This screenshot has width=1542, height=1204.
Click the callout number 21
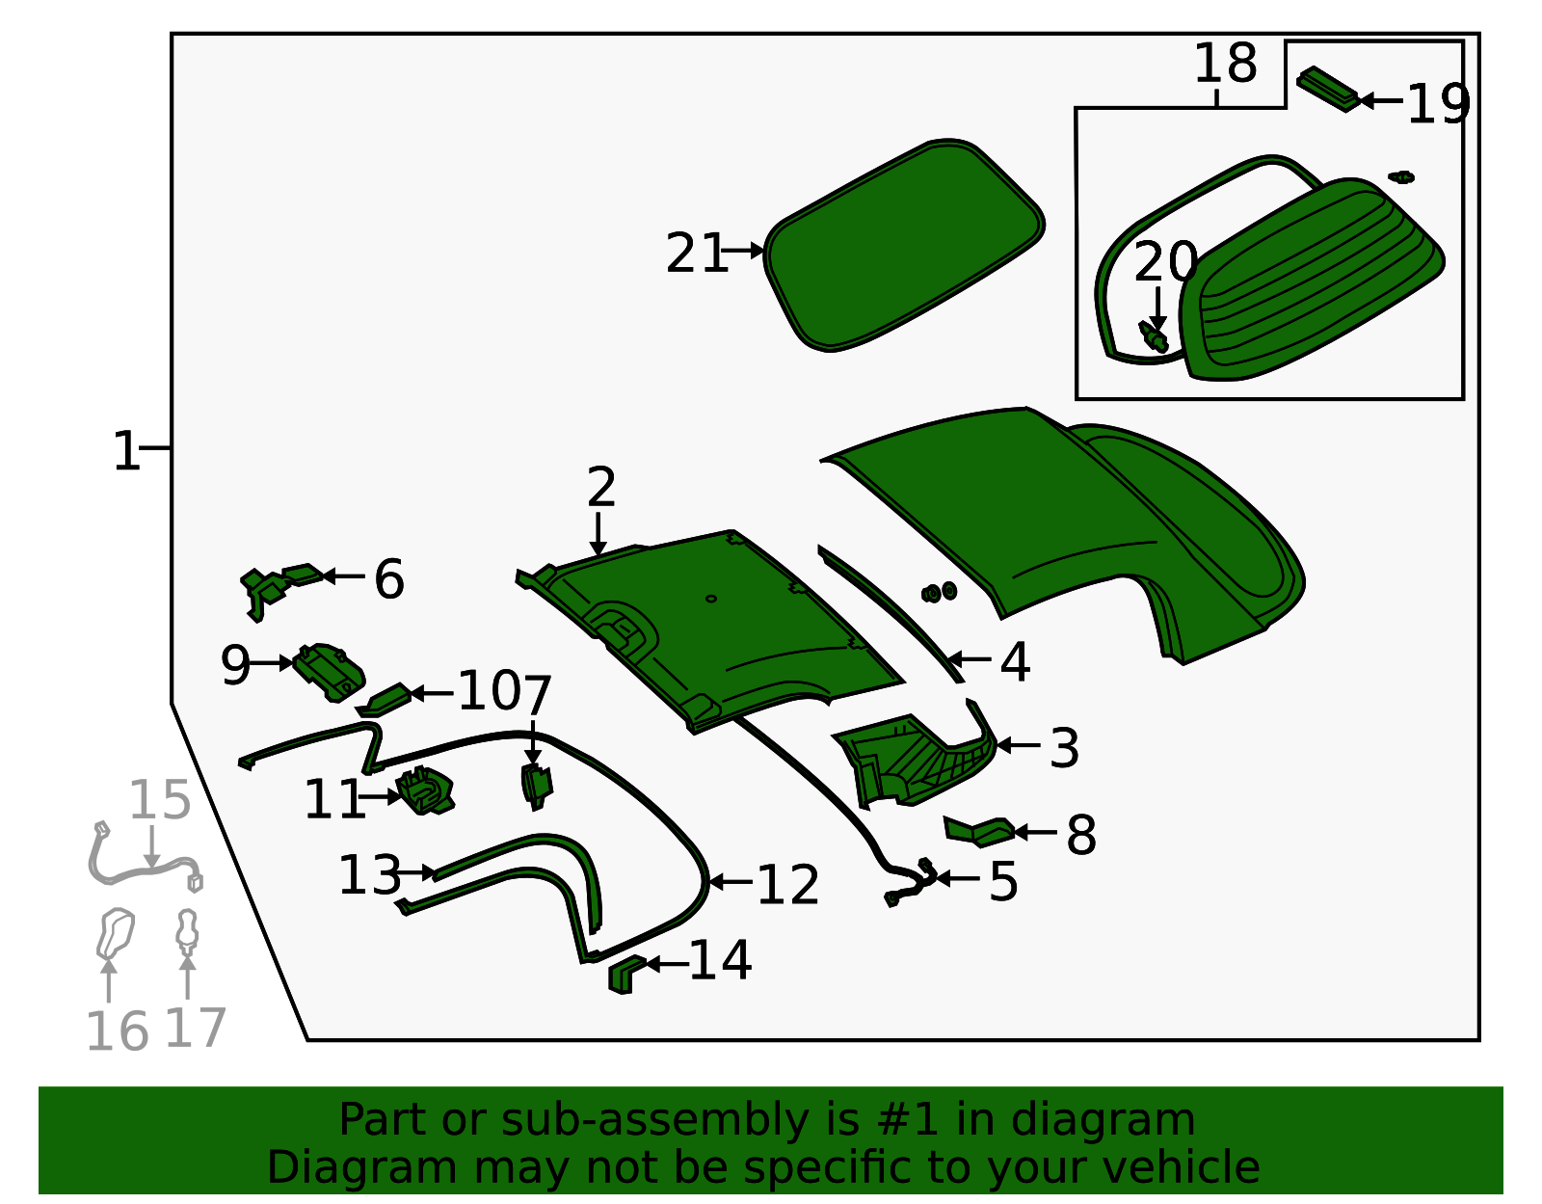[x=696, y=254]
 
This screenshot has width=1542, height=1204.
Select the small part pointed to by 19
[x=1328, y=88]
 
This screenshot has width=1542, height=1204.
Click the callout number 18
[x=1225, y=64]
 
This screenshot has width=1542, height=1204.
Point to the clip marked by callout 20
[x=1154, y=336]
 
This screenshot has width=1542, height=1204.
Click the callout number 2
[x=600, y=488]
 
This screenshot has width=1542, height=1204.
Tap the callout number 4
[x=1015, y=662]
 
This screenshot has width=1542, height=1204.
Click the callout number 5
[x=1003, y=881]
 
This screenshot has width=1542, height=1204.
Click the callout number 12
[x=787, y=884]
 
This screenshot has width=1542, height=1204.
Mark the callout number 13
[x=369, y=875]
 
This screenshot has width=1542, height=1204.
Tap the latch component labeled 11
[x=425, y=790]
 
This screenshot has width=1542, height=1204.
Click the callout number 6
[x=388, y=579]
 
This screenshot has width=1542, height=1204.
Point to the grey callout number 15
[x=160, y=800]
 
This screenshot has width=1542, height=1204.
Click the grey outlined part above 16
[x=115, y=931]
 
